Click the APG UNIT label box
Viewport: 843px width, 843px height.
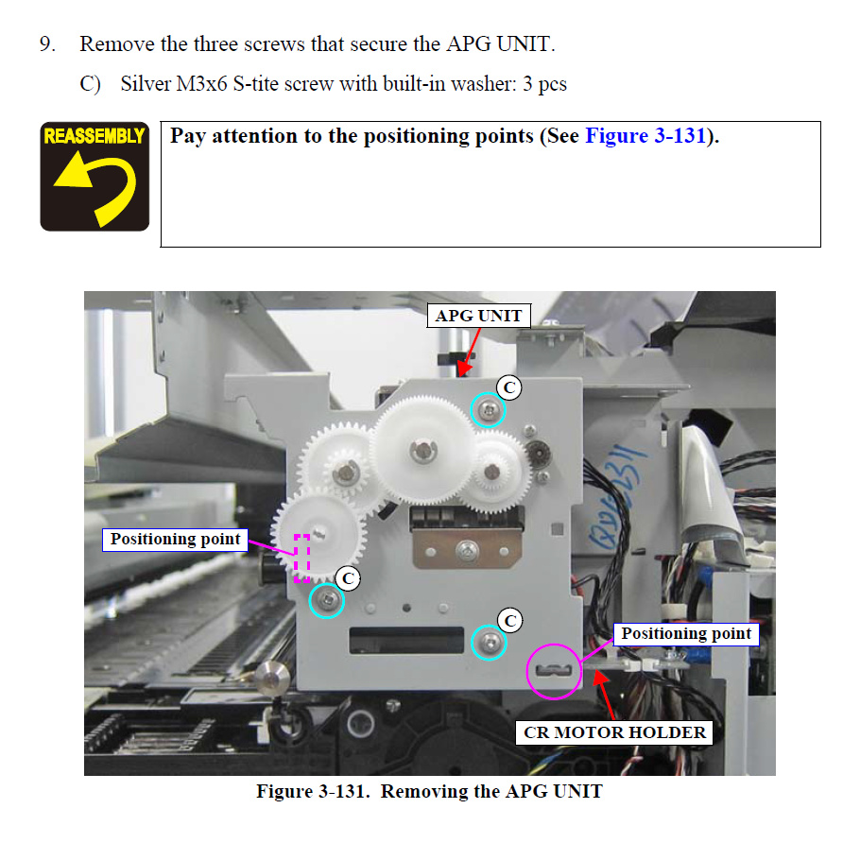[x=478, y=316]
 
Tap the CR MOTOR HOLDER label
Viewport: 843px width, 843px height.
[x=614, y=732]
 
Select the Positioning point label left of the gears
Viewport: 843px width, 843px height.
[x=175, y=540]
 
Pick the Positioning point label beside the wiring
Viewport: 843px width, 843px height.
[x=686, y=634]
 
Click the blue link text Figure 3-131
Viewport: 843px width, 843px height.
[x=645, y=135]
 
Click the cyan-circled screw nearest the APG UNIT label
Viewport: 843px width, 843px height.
[x=489, y=410]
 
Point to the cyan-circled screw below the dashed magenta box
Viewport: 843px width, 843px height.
[x=327, y=600]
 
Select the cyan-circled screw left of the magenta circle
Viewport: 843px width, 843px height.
[x=489, y=642]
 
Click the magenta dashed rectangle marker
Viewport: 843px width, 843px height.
[x=301, y=558]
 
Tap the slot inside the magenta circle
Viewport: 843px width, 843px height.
[x=554, y=670]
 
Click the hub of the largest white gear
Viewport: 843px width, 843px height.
[x=423, y=450]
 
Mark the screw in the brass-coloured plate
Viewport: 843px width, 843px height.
[x=467, y=550]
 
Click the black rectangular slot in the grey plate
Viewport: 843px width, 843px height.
[x=406, y=640]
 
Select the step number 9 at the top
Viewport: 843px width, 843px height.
[x=47, y=44]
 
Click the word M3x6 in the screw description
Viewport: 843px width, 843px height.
[x=201, y=84]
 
